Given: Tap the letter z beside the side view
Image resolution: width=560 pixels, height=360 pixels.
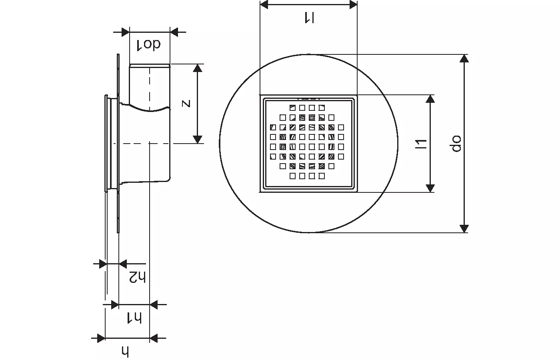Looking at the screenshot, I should click(186, 104).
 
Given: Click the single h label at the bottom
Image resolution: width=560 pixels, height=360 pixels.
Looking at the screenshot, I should click(126, 351).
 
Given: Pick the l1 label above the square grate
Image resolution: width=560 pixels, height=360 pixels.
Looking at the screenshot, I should click(309, 17).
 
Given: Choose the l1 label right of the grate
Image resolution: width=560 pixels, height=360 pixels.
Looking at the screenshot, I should click(421, 144).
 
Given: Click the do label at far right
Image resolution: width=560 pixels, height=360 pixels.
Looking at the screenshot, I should click(456, 144).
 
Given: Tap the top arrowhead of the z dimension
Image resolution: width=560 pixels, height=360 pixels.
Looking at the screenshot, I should click(197, 68).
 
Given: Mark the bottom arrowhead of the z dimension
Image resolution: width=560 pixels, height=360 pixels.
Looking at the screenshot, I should click(197, 139).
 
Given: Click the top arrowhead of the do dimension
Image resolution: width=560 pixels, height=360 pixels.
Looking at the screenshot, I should click(464, 58).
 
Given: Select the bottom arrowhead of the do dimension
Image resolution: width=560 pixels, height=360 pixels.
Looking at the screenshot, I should click(464, 228).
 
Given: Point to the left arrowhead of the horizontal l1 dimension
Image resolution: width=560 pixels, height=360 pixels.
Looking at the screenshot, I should click(264, 4).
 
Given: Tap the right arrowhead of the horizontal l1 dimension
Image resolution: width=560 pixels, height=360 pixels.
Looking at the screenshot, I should click(353, 4).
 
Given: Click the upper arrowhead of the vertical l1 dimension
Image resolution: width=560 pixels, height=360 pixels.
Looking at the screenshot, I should click(430, 99).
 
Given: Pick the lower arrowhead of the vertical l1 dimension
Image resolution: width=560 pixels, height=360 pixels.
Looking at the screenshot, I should click(430, 188).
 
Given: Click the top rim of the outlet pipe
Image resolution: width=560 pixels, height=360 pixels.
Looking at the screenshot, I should click(150, 64).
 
